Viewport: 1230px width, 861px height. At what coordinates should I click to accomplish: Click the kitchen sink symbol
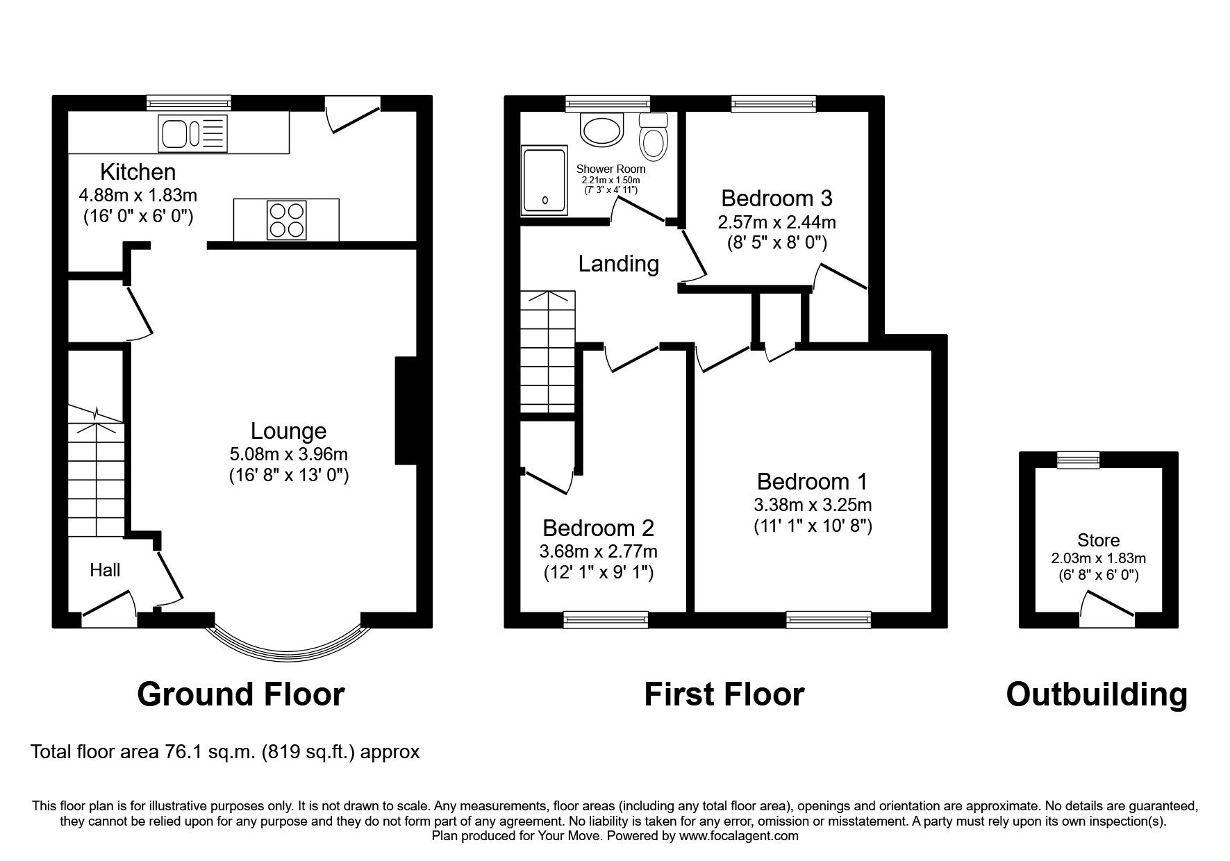[x=192, y=133]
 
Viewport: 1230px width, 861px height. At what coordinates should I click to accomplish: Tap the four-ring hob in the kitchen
[x=286, y=219]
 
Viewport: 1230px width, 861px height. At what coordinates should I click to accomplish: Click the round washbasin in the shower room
[x=602, y=130]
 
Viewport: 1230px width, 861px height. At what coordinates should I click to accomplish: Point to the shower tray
[x=545, y=180]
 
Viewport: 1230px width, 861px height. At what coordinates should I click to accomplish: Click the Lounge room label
[x=288, y=431]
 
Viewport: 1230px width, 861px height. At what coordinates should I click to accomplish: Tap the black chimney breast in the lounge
[x=405, y=410]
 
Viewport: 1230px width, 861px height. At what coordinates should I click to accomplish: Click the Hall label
[x=105, y=570]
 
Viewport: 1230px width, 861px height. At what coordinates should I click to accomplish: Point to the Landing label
[x=618, y=264]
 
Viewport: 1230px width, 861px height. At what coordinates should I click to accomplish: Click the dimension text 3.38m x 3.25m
[x=813, y=505]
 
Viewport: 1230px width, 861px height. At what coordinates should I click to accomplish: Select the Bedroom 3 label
[x=776, y=199]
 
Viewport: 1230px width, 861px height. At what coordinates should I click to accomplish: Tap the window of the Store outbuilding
[x=1078, y=459]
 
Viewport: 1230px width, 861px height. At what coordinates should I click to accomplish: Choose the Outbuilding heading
[x=1097, y=694]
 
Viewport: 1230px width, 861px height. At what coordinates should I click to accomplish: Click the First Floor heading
[x=724, y=694]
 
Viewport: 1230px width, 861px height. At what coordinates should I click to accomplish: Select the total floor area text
[x=225, y=752]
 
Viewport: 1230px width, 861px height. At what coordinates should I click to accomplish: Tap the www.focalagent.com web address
[x=738, y=836]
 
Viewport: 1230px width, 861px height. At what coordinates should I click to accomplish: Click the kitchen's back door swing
[x=353, y=115]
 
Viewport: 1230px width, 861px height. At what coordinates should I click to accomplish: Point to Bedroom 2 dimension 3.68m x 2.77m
[x=598, y=552]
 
